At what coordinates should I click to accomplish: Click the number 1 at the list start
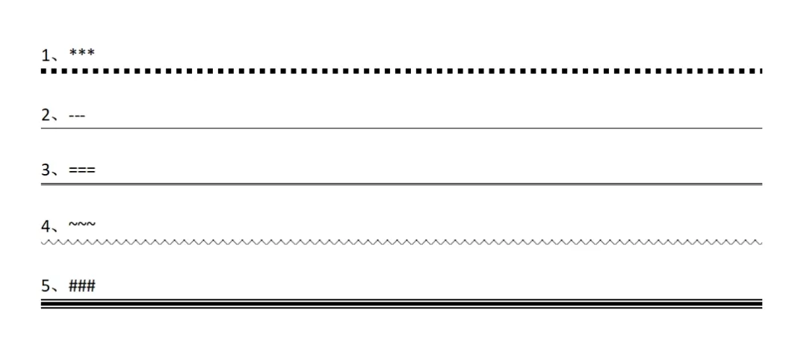(x=46, y=55)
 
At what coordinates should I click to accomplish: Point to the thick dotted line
(x=401, y=72)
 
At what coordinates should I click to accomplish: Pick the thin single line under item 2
(x=401, y=128)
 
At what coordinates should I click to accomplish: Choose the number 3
(x=46, y=170)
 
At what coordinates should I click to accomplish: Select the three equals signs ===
(x=81, y=171)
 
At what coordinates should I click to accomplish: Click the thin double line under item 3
(x=401, y=184)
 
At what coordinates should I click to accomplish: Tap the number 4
(x=46, y=225)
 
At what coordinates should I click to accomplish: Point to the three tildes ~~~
(x=82, y=224)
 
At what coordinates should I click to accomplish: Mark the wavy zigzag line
(x=401, y=243)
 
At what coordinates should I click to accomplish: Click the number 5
(x=46, y=286)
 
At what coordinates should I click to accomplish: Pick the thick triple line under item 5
(x=401, y=304)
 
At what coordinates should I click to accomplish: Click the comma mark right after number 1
(x=57, y=59)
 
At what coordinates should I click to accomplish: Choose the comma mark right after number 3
(x=57, y=174)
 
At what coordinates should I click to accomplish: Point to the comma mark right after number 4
(x=57, y=229)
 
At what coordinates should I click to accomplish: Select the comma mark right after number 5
(x=57, y=290)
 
